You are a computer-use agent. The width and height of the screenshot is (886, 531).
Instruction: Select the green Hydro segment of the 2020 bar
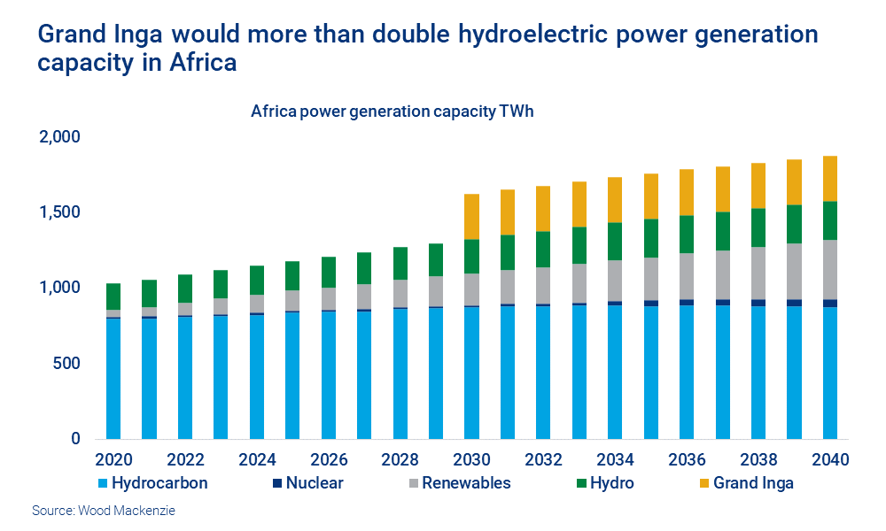[113, 296]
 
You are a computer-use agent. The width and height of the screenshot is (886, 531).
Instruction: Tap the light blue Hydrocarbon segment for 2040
[830, 372]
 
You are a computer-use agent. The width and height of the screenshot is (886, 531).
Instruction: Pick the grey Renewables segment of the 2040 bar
[830, 269]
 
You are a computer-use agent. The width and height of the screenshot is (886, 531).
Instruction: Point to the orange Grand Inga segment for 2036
[687, 192]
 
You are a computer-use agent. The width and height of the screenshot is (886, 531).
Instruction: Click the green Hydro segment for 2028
[400, 263]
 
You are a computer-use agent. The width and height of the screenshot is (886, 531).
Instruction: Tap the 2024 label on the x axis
[257, 460]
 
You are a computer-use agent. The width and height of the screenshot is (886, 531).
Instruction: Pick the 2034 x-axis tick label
[615, 460]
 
